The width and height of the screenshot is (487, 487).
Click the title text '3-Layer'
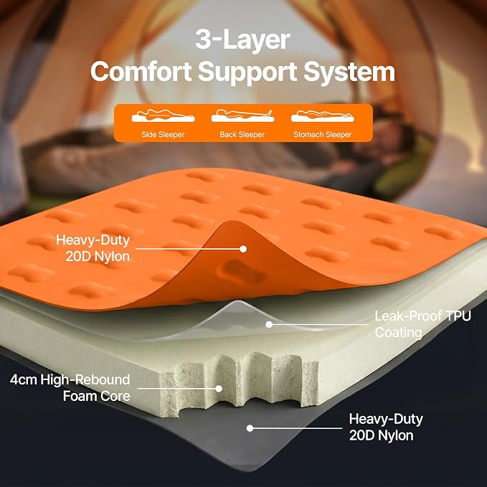click(x=243, y=39)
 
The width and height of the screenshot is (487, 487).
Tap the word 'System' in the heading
click(x=349, y=72)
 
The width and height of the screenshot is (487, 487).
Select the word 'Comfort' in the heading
click(x=141, y=71)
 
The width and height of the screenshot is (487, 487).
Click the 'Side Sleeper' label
click(x=163, y=135)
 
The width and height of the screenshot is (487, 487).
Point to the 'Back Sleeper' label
click(x=242, y=135)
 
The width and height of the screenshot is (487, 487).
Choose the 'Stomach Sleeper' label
click(x=322, y=135)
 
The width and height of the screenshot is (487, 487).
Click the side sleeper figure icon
click(x=163, y=115)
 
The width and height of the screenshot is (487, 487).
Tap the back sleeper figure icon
click(x=242, y=115)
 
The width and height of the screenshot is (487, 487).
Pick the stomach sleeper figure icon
click(x=322, y=115)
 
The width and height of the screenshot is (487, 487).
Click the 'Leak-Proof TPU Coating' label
click(x=422, y=324)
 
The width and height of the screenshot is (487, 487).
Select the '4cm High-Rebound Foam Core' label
click(x=70, y=387)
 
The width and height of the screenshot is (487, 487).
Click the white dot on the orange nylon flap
click(x=243, y=249)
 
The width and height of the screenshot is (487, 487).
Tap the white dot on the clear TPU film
click(x=269, y=324)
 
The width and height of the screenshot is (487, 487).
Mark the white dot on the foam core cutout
click(x=219, y=388)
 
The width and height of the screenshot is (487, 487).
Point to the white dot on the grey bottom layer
click(x=250, y=428)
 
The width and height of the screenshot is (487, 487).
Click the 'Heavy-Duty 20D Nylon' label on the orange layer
click(x=93, y=248)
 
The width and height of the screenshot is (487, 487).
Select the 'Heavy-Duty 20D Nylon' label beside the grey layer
click(x=386, y=427)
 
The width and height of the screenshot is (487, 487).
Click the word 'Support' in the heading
click(x=247, y=72)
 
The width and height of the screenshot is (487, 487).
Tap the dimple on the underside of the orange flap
click(x=241, y=271)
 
